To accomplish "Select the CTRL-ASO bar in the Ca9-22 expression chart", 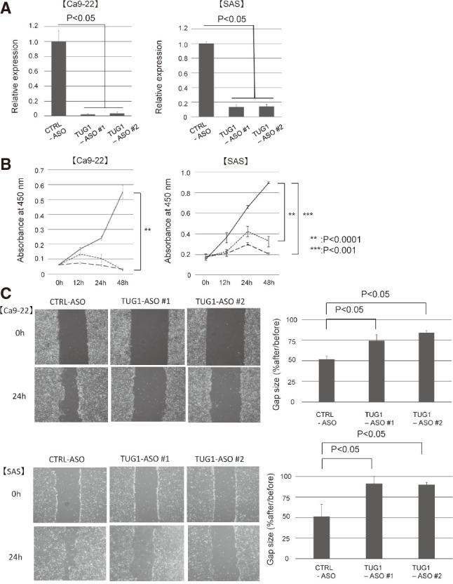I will (59, 78).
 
